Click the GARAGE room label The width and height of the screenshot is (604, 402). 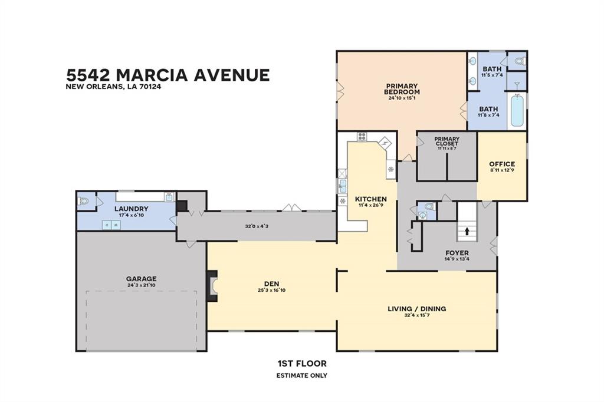click(141, 279)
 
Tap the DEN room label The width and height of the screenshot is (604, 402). click(271, 284)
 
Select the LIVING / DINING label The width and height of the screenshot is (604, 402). click(417, 309)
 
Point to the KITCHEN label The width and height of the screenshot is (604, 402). click(370, 199)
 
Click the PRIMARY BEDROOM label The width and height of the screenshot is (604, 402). click(402, 89)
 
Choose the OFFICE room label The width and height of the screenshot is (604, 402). click(502, 164)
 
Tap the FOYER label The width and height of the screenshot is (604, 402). click(457, 253)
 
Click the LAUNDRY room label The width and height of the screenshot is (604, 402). click(132, 209)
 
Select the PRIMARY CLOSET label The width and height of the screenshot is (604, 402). click(447, 141)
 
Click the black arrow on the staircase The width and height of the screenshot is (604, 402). click(467, 231)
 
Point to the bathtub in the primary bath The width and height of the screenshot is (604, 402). click(516, 110)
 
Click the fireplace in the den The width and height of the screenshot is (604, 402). click(212, 286)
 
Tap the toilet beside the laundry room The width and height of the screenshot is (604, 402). click(83, 201)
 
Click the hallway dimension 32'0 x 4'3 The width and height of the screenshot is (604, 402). click(257, 226)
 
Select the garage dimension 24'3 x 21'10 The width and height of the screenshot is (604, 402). click(141, 285)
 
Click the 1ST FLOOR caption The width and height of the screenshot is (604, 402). click(302, 364)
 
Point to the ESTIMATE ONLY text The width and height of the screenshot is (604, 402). click(302, 375)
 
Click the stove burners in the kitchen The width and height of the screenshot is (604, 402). click(362, 137)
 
